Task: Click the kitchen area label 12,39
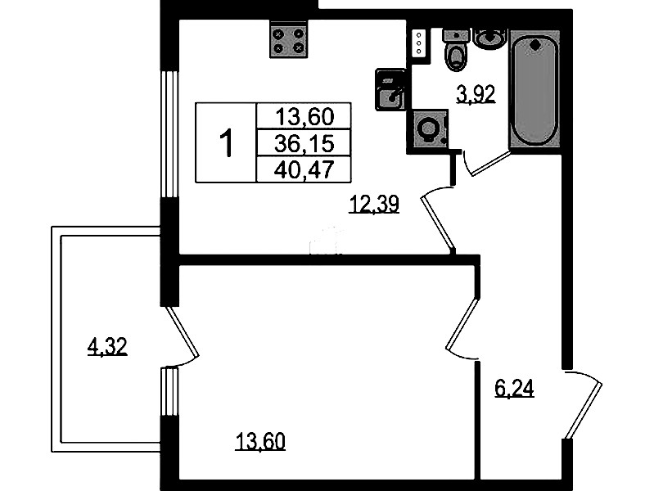[374, 204]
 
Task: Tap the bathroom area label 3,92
[476, 94]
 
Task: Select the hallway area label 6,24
[514, 389]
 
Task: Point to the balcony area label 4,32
[107, 347]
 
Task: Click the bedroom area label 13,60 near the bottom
[260, 442]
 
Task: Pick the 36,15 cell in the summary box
[304, 143]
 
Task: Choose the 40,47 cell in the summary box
[304, 169]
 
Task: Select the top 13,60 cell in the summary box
[304, 116]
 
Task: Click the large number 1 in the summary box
[226, 142]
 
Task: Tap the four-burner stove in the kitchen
[288, 39]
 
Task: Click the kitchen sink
[390, 89]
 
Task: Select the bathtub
[534, 88]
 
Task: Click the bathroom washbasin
[490, 38]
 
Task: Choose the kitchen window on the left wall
[169, 134]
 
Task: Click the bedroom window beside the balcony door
[169, 391]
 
